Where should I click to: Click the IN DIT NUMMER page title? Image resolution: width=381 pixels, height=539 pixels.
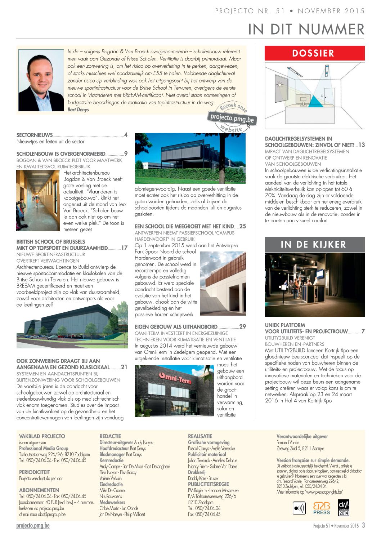[306, 29]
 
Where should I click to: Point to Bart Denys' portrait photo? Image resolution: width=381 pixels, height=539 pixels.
[41, 80]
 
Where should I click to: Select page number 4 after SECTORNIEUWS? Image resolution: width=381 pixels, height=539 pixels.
[126, 135]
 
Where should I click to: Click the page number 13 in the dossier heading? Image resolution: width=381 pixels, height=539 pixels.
[362, 145]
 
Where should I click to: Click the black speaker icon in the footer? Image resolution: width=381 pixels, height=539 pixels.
[299, 508]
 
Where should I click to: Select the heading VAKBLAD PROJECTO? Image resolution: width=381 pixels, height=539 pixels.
[42, 436]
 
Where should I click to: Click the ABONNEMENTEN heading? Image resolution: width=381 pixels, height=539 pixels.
[39, 490]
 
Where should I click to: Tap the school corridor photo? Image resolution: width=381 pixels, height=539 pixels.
[37, 201]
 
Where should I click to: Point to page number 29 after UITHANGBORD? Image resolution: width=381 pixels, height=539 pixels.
[243, 327]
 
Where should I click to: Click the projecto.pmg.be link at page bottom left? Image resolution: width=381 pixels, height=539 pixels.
[33, 526]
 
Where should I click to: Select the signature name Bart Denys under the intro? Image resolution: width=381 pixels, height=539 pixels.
[78, 110]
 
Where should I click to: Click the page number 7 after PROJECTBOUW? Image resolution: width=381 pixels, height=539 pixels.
[363, 331]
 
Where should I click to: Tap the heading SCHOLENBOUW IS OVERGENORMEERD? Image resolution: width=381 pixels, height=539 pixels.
[61, 154]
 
